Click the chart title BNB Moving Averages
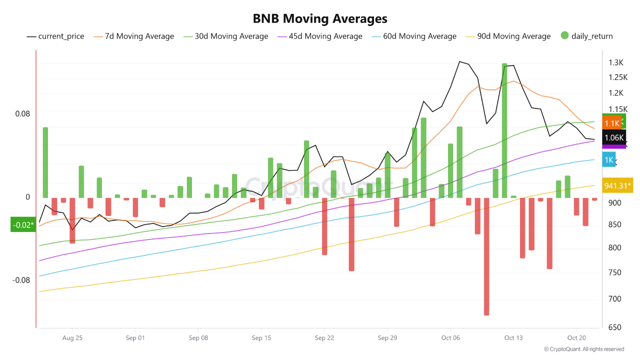(320, 19)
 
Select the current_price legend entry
(55, 36)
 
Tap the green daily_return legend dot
(565, 36)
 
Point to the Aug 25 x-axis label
(72, 338)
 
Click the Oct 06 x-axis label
(450, 338)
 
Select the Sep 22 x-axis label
(324, 338)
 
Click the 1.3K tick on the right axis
(615, 63)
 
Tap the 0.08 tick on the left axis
(22, 114)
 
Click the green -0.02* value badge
(23, 225)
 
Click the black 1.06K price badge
(614, 138)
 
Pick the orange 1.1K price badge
(612, 123)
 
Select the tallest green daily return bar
(504, 130)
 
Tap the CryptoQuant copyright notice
(583, 349)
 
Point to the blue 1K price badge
(609, 160)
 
